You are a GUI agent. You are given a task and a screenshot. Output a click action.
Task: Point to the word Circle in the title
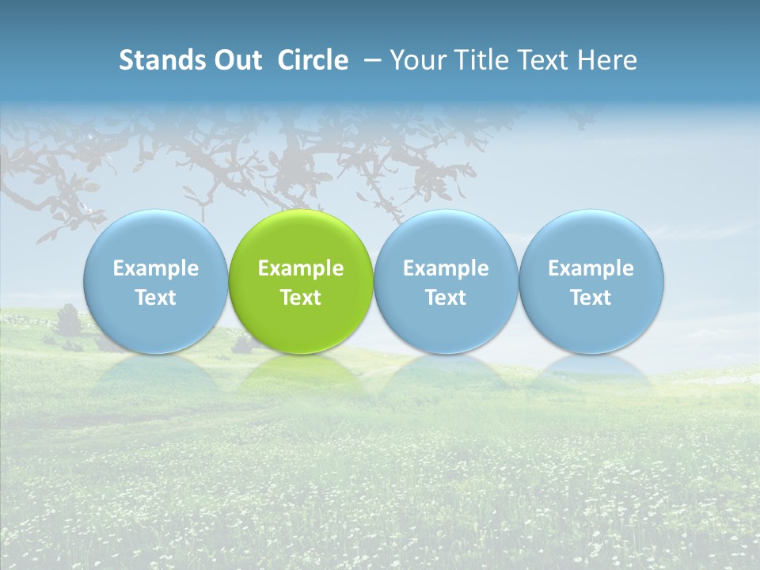pyautogui.click(x=313, y=60)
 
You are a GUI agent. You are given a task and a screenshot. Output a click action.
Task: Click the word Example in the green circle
pyautogui.click(x=301, y=268)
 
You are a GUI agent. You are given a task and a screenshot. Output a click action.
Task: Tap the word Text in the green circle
pyautogui.click(x=301, y=298)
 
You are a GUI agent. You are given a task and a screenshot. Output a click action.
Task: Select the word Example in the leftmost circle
pyautogui.click(x=155, y=268)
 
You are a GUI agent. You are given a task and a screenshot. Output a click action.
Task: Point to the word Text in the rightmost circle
pyautogui.click(x=591, y=298)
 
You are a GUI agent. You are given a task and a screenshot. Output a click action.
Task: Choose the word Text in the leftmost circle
pyautogui.click(x=155, y=298)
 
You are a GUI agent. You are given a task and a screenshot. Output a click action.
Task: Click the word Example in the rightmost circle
pyautogui.click(x=591, y=268)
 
